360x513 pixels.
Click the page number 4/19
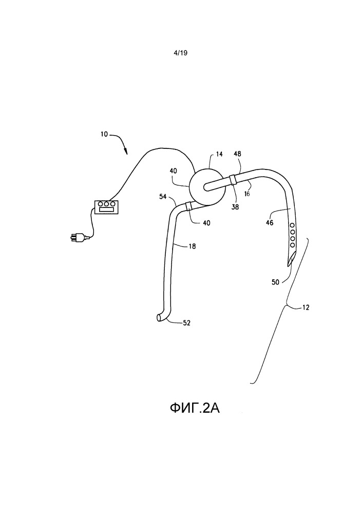[180, 52]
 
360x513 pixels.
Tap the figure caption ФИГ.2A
[198, 409]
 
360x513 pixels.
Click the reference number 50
[275, 282]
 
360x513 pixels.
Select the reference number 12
[305, 308]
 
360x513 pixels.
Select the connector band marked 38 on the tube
[234, 180]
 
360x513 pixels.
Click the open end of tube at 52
[159, 319]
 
